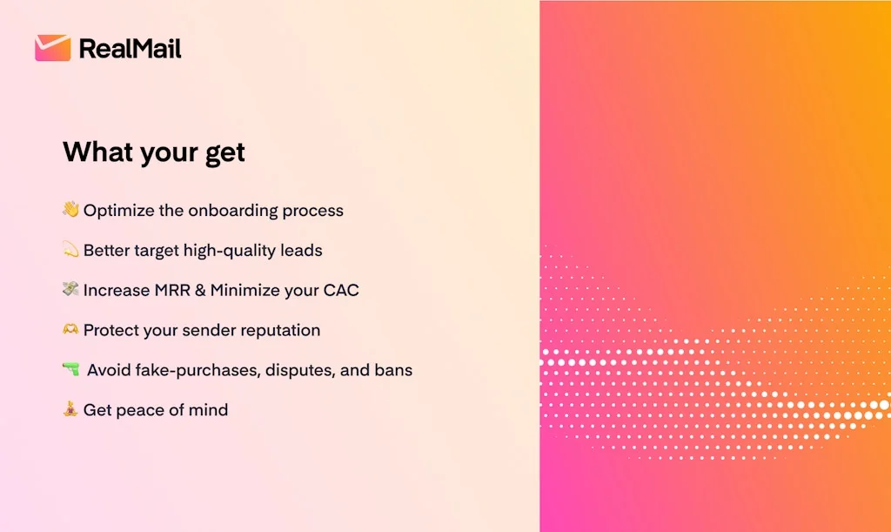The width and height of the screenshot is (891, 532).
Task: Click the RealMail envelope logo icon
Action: click(x=53, y=48)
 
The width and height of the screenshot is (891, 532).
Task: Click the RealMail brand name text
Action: click(x=131, y=49)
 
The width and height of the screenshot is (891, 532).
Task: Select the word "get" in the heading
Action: click(x=225, y=154)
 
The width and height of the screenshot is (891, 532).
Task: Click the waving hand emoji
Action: click(x=70, y=209)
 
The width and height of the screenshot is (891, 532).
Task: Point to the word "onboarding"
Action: click(x=233, y=211)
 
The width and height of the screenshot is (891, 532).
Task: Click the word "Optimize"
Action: click(x=118, y=211)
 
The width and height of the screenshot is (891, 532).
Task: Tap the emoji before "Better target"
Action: click(x=70, y=249)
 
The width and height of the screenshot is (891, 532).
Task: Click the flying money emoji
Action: click(x=70, y=289)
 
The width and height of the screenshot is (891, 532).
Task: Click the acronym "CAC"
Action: click(x=341, y=291)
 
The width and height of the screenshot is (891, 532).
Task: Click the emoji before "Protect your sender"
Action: click(x=70, y=329)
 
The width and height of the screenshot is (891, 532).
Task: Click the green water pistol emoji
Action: click(x=71, y=369)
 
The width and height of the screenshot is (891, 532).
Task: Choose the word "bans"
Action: click(x=393, y=370)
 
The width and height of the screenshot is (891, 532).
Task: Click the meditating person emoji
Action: click(x=70, y=408)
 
